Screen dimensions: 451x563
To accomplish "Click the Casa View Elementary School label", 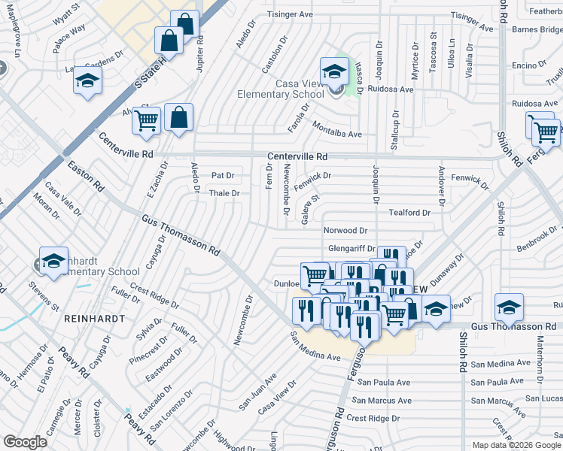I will pos(281,88).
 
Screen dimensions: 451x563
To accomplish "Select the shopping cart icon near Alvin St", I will pos(147,120).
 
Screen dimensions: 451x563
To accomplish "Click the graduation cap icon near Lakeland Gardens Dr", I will pos(88,80).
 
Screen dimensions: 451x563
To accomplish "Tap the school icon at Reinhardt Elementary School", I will pos(54,261).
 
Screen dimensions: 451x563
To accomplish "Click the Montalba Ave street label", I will pos(337,129).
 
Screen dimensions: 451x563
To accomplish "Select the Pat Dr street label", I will pos(223,175).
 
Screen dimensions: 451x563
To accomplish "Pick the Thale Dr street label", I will pos(224,193).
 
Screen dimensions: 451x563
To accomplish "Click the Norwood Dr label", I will pos(345,231).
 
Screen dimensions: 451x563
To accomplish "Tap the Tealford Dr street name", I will pos(409,213).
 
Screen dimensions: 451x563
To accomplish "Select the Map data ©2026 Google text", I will pos(516,445).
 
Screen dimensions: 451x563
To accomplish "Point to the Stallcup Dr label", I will pos(394,130).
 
